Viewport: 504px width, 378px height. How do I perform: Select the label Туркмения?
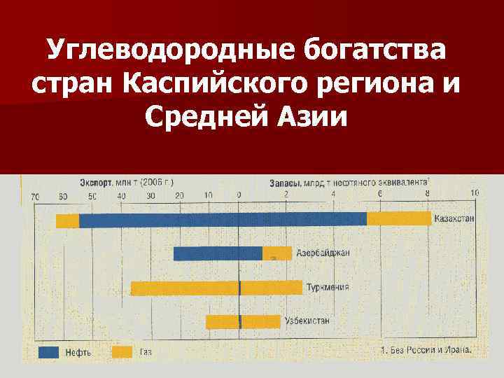328,287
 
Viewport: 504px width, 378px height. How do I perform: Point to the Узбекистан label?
307,321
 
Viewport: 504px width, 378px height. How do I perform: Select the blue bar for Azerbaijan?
218,253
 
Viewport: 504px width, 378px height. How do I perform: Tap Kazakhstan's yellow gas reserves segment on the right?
399,219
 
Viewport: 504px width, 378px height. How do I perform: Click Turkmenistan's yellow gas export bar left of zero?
185,288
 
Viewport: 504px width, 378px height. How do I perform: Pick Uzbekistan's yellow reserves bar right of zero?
260,322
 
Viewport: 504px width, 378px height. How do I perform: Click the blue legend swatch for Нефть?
48,351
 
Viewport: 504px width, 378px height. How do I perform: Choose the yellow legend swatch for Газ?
123,351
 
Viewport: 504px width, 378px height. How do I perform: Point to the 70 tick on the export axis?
35,196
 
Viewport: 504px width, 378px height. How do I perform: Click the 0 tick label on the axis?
239,195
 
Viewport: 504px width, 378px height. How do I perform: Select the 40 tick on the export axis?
122,196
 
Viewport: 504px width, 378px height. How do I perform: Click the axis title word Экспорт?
95,182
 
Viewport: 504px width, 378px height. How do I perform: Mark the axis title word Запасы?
284,183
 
